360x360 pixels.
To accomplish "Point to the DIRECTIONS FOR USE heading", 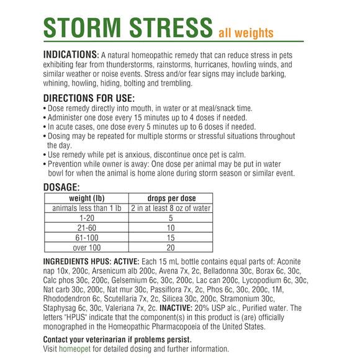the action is click(x=88, y=97).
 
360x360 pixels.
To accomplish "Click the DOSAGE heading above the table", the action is click(x=61, y=187).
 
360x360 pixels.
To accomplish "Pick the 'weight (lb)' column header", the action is click(x=86, y=199).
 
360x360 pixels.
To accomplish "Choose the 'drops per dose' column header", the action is click(x=171, y=199).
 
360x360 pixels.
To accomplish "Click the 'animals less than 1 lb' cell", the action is click(x=86, y=209).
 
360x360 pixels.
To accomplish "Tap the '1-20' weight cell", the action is click(x=86, y=218).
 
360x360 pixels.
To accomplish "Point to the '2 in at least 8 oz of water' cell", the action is click(x=171, y=209).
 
